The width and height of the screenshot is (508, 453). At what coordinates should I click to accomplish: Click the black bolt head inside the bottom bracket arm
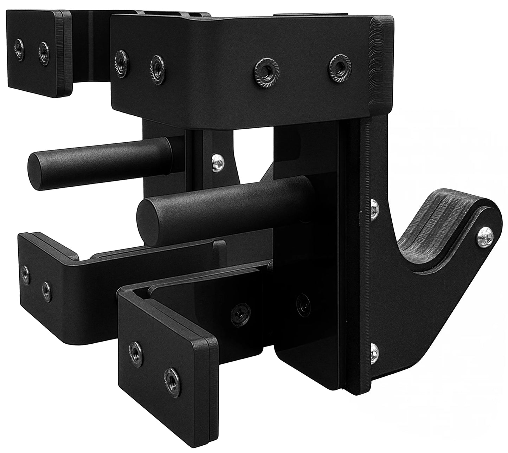pos(241,311)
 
